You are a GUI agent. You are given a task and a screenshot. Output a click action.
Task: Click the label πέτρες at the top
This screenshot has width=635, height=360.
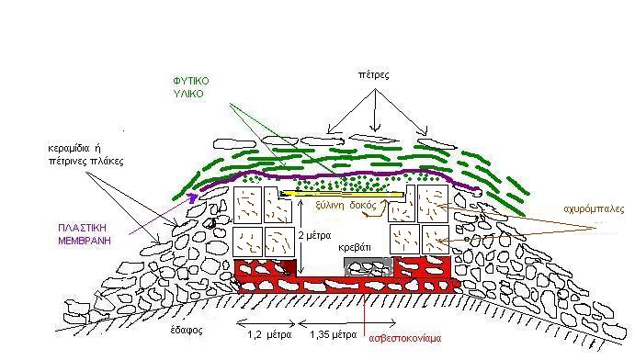pos(373,74)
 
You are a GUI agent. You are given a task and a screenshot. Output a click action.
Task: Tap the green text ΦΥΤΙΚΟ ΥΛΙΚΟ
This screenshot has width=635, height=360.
pos(191,87)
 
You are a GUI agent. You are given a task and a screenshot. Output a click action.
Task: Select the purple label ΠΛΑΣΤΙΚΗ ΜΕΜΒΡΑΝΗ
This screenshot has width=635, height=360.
pos(85,234)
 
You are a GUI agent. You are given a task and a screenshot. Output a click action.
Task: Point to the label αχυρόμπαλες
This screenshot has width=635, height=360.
pos(594,209)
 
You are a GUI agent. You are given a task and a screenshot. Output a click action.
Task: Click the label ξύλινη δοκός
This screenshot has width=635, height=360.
pos(346,206)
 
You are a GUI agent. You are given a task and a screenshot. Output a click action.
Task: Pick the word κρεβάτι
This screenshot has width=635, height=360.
pos(355,248)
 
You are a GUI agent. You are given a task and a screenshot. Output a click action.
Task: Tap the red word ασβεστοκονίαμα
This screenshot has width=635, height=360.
pos(405,338)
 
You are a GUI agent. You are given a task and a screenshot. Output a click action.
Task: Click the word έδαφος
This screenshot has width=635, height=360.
pos(187,330)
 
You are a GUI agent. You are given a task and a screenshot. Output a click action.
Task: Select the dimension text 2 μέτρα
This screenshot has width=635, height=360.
pos(314,235)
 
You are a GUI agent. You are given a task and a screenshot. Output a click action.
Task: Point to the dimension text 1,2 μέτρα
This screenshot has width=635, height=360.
pos(269,335)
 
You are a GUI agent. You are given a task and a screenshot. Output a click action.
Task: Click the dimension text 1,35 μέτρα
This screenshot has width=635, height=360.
pos(334,335)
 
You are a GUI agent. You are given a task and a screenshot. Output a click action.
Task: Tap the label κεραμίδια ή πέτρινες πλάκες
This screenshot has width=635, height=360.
pos(85,155)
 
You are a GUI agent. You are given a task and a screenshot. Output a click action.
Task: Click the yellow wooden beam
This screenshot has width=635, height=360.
pos(343,194)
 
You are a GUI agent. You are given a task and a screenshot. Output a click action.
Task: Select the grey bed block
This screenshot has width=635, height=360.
pos(369,267)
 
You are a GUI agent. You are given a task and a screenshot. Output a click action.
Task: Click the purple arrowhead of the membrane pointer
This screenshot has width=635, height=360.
pos(193,197)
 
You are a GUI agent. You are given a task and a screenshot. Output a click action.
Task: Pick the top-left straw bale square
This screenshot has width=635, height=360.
pos(248,205)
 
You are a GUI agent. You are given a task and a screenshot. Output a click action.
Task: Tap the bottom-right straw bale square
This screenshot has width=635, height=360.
pos(436,240)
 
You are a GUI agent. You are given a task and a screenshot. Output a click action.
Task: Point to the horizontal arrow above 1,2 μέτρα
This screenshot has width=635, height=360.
pos(266,323)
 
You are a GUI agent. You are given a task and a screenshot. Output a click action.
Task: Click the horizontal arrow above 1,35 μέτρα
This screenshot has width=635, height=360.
pos(347,323)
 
